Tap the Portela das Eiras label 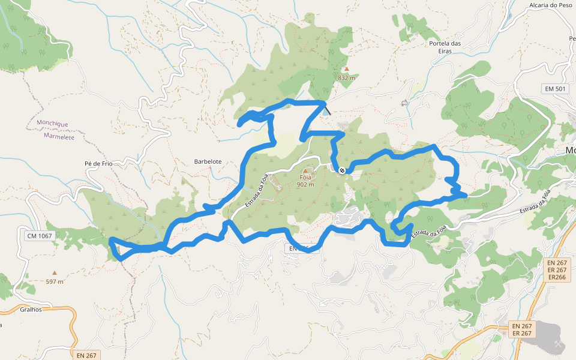coord(445,47)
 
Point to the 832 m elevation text coord(346,78)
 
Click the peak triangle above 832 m coord(346,69)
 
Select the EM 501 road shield coord(554,89)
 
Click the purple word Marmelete coord(59,136)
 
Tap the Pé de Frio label coord(99,163)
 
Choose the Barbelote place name coord(208,161)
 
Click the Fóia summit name coord(305,178)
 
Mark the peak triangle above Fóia coord(305,170)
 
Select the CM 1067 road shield coord(40,236)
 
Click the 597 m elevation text coord(55,281)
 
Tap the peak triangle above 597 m coord(55,273)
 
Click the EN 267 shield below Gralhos coord(86,355)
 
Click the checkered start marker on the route coord(342,171)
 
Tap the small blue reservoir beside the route coord(325,110)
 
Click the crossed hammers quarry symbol coord(559,343)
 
